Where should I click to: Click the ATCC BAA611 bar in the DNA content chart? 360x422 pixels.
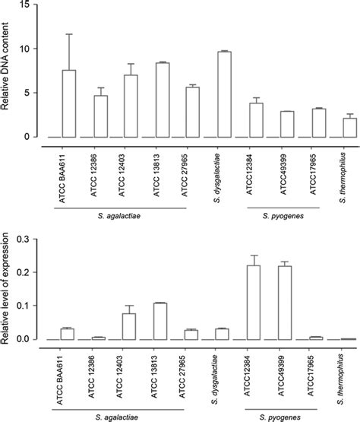(68, 103)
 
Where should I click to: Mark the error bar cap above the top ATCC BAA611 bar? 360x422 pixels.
(68, 34)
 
